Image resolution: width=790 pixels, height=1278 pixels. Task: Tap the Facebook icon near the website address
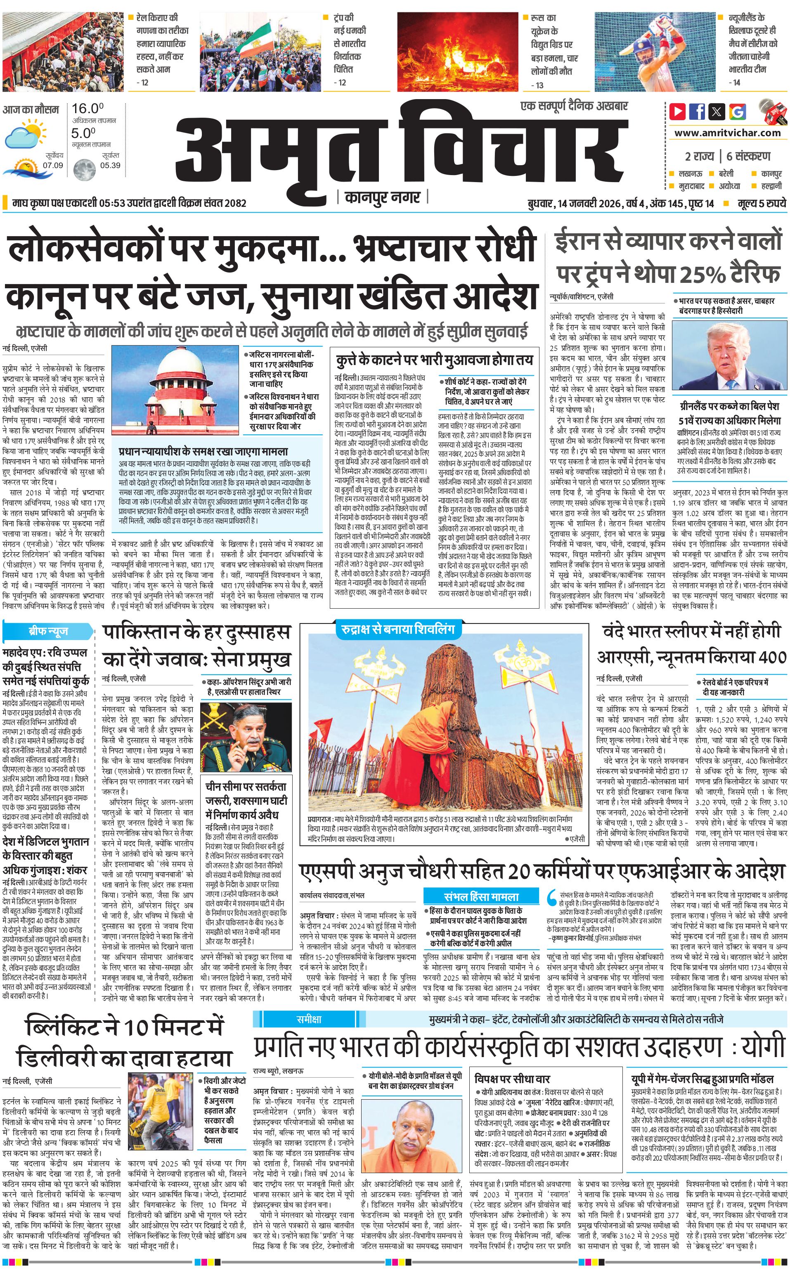point(697,111)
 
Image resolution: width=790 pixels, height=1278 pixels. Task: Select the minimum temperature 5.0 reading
point(84,133)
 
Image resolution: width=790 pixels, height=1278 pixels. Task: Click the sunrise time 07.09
point(53,165)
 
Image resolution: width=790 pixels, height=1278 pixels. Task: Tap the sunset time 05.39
point(110,165)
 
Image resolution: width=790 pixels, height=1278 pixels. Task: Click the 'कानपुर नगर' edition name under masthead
point(383,197)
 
